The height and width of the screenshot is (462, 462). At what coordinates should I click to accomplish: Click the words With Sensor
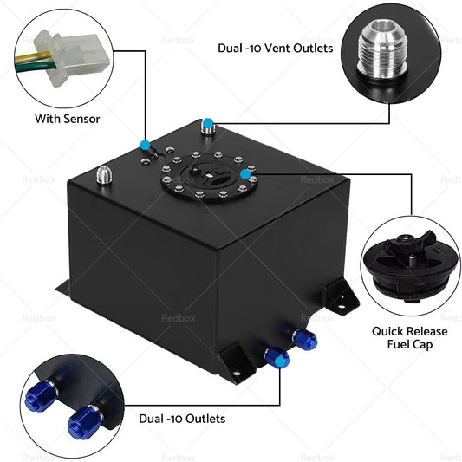point(67,118)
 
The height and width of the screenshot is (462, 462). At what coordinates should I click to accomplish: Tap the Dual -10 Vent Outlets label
point(275,49)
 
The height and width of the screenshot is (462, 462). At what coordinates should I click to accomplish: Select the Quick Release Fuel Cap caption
point(409,337)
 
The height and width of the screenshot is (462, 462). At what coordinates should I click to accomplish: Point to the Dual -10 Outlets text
point(182,419)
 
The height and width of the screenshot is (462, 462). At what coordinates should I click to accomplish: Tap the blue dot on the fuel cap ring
point(247,175)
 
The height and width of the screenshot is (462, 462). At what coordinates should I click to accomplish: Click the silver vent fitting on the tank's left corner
point(104,176)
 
